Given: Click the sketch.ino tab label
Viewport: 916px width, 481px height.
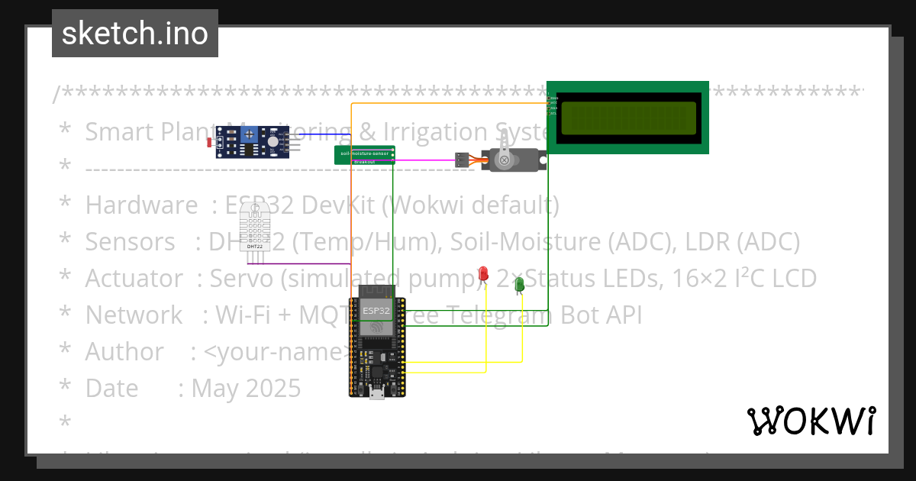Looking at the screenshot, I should click(134, 34).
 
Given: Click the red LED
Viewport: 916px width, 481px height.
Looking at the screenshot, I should click(483, 274).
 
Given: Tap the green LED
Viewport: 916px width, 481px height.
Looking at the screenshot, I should click(520, 284).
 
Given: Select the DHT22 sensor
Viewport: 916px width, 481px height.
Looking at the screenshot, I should click(255, 227).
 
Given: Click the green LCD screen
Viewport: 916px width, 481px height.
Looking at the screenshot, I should click(629, 118).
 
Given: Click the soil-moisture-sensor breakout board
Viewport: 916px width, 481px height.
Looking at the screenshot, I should click(365, 155).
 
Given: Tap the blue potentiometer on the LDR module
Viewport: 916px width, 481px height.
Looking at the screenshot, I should click(250, 134).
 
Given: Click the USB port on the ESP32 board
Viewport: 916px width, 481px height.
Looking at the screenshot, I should click(377, 392).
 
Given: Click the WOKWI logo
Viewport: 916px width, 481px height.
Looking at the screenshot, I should click(811, 421).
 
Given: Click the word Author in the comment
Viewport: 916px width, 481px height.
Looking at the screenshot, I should click(124, 351).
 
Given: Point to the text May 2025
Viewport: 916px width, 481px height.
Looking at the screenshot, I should click(246, 388).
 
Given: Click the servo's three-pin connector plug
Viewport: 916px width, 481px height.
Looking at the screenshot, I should click(462, 160).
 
